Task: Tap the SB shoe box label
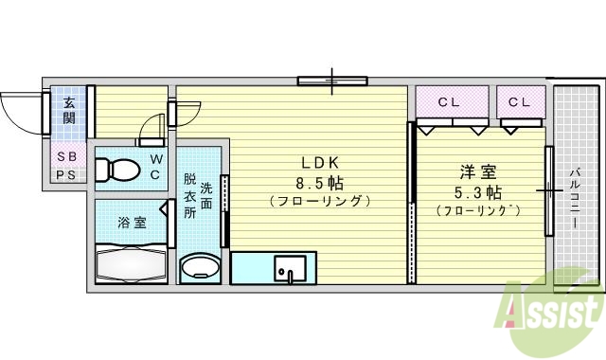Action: point(67,156)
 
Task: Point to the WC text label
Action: point(156,167)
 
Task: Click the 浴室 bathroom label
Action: point(132,223)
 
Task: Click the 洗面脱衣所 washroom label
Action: point(199,194)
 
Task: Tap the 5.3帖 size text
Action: point(478,190)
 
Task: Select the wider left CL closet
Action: point(452,100)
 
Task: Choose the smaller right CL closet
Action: point(521,100)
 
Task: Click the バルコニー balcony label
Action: point(575,197)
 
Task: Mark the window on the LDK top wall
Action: point(331,81)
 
